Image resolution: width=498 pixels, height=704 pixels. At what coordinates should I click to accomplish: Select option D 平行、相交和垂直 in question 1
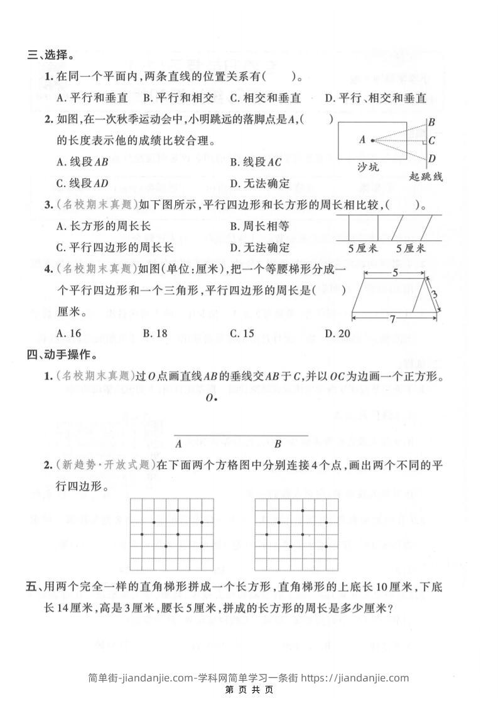coord(376,98)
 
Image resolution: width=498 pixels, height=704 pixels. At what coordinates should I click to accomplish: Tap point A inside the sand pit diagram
coord(372,140)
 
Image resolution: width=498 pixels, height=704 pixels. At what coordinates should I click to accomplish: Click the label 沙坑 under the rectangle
coord(368,168)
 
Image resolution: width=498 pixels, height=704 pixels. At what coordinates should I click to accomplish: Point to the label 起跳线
coord(425,176)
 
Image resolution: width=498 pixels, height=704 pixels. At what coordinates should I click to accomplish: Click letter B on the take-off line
coord(432,123)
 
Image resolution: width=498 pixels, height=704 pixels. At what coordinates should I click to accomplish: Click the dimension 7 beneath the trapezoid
coord(392,319)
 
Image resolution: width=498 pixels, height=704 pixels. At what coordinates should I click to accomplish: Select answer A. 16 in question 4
coord(68,333)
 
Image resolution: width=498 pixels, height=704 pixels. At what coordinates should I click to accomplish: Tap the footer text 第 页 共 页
coord(249,690)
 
